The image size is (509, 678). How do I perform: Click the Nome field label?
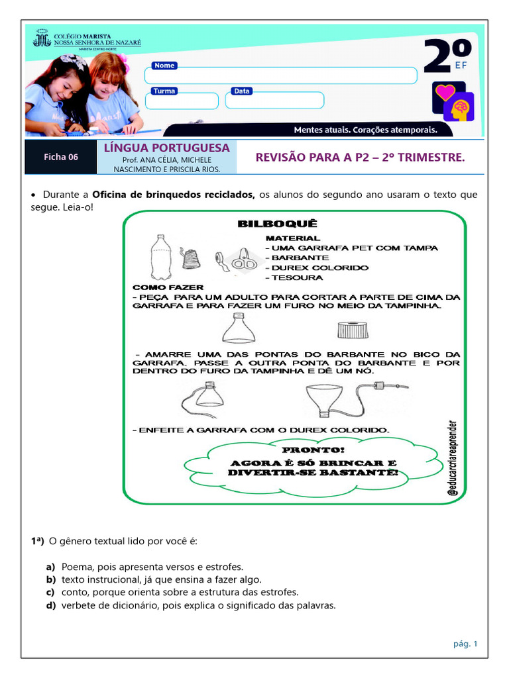pyautogui.click(x=164, y=66)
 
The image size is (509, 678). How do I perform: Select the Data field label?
pyautogui.click(x=242, y=91)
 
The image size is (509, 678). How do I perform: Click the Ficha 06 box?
pyautogui.click(x=61, y=157)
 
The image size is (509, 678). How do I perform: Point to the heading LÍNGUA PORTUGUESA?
pyautogui.click(x=166, y=148)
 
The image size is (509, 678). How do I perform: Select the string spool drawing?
pyautogui.click(x=192, y=258)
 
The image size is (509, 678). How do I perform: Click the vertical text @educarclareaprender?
pyautogui.click(x=452, y=458)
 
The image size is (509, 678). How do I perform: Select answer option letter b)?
pyautogui.click(x=50, y=579)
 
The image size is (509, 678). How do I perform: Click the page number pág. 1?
pyautogui.click(x=465, y=643)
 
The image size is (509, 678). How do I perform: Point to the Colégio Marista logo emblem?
pyautogui.click(x=42, y=38)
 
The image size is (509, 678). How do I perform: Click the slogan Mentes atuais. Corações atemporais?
pyautogui.click(x=365, y=130)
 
